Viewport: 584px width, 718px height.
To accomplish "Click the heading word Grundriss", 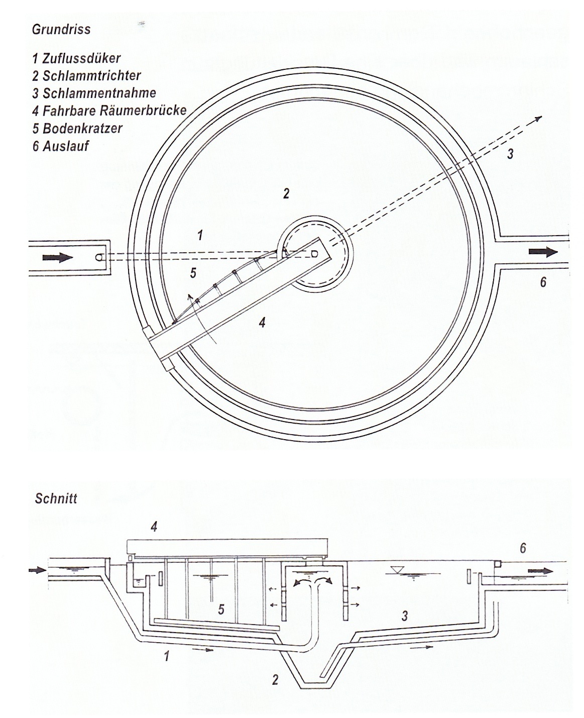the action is (61, 29).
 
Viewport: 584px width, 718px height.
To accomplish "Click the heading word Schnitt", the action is (56, 498).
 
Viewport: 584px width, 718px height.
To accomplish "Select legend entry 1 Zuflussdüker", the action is (76, 58).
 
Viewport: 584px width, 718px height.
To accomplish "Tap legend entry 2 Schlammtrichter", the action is (86, 75).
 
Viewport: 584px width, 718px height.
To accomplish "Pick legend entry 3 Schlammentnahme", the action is (94, 93).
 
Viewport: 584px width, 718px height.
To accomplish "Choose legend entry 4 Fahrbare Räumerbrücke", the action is (109, 110).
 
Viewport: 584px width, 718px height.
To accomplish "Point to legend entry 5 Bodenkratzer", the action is (77, 128).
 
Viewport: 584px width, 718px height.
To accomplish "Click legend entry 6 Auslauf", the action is (61, 146).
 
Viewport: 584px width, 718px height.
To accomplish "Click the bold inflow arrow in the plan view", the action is (58, 258).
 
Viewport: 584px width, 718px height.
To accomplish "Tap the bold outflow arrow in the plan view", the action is (543, 252).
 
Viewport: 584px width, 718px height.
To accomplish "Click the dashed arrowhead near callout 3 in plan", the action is (538, 118).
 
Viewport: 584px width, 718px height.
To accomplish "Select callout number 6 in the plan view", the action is (543, 282).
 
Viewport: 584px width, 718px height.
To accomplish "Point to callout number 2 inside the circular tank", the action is (286, 193).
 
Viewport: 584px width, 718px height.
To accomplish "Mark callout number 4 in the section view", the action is (154, 526).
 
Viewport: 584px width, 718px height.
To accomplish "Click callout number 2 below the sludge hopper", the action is (275, 680).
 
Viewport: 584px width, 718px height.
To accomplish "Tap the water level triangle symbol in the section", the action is (399, 570).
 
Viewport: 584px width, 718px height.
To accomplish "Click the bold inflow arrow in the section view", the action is (37, 570).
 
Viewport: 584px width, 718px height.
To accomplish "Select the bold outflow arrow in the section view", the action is (540, 571).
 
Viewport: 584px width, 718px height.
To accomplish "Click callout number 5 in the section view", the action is (221, 609).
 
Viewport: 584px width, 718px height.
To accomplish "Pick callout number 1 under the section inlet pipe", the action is (166, 656).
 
